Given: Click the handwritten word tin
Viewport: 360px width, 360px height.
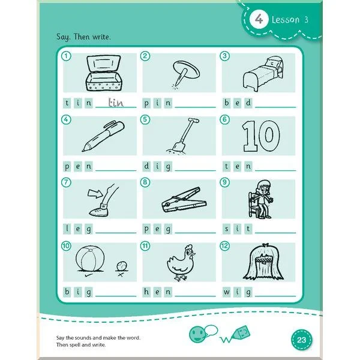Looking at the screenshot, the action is (x=116, y=103).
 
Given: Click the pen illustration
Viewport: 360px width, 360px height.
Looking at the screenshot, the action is (x=103, y=136).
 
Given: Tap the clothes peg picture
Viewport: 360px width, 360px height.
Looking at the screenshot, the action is (x=184, y=200).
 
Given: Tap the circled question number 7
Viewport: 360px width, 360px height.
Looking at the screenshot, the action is (x=66, y=182).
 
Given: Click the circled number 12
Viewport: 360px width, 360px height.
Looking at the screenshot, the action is (x=225, y=246).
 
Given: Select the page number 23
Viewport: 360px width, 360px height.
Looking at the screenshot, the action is (x=301, y=340).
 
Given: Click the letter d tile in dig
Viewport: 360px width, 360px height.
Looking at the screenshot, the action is (x=146, y=166).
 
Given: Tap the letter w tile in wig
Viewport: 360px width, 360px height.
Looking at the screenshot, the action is (x=227, y=292).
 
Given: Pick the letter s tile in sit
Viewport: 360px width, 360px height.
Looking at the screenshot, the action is (x=227, y=229).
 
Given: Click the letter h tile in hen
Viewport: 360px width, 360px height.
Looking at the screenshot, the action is (x=146, y=292).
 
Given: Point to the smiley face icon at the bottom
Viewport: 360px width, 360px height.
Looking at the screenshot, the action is (x=197, y=334).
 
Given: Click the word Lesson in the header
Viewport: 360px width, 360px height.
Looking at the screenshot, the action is (x=286, y=20).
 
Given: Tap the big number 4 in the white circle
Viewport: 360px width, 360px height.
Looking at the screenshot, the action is (x=259, y=19).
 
